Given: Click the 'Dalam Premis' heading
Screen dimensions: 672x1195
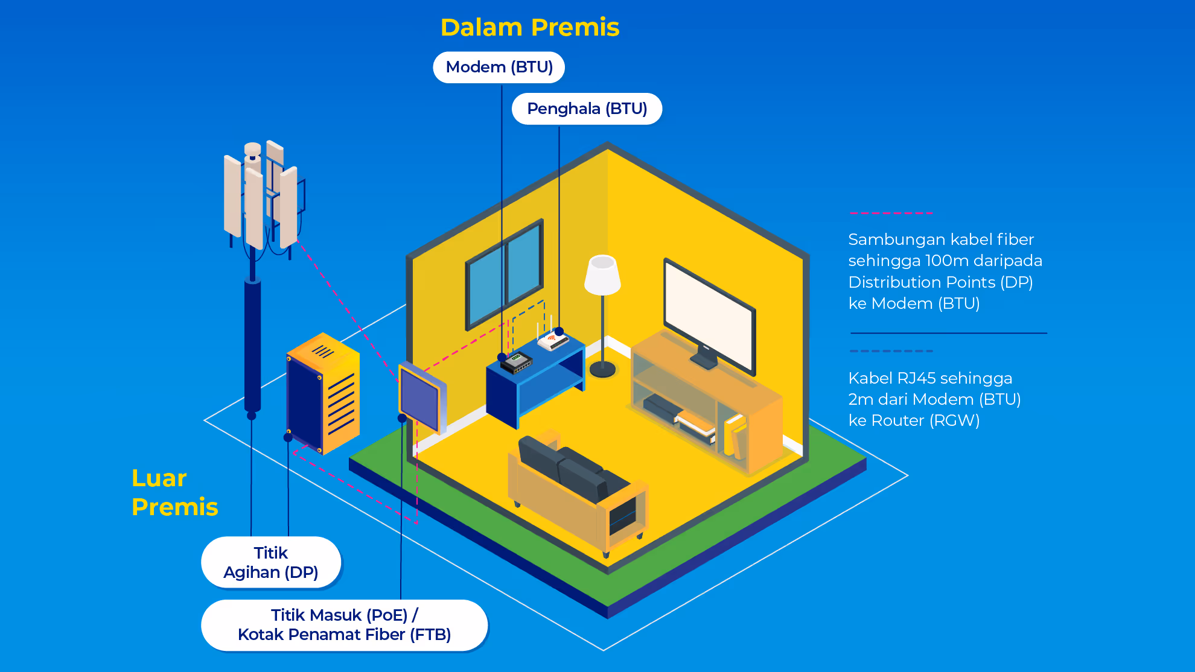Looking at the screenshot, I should (x=530, y=28).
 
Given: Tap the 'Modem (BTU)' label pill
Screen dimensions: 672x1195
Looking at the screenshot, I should (x=499, y=67).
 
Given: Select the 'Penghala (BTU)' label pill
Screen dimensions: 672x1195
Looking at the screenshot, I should (x=587, y=109).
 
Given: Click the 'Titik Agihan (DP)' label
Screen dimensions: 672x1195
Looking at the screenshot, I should (x=271, y=562).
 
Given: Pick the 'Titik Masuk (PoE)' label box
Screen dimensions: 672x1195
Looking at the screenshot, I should (x=344, y=625).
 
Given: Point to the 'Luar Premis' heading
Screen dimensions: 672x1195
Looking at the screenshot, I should (x=174, y=492).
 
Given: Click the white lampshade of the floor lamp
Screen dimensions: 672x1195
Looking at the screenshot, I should (x=602, y=275).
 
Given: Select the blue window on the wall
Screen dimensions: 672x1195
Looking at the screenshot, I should (x=505, y=274).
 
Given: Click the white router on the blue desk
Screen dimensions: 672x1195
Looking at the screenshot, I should (x=553, y=341).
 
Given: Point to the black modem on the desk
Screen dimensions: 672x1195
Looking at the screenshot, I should (x=516, y=363).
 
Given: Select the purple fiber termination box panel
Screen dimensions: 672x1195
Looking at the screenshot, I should (x=419, y=398).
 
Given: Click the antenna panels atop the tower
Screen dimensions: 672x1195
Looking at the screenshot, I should (x=262, y=196).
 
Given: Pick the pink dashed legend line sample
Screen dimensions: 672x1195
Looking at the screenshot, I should (x=891, y=214).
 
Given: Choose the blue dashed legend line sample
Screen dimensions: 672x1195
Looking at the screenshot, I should (x=891, y=351).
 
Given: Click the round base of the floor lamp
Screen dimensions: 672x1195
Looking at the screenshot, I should (x=602, y=369).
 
